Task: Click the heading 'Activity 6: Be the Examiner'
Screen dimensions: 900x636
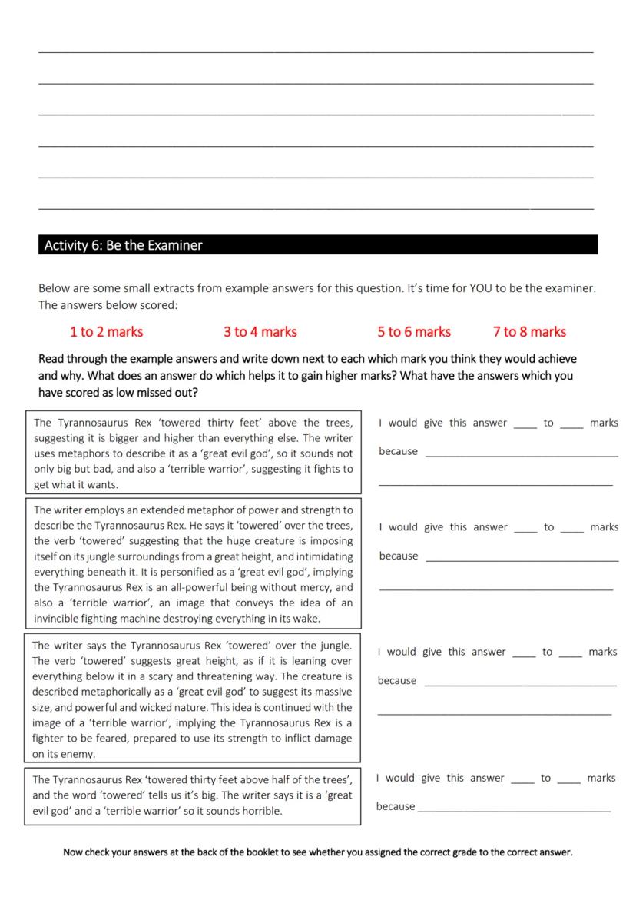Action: tap(123, 245)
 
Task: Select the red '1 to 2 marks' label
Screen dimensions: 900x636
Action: tap(106, 332)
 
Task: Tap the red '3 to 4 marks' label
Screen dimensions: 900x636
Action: tap(260, 332)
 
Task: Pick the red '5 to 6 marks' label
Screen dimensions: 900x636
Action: tap(413, 332)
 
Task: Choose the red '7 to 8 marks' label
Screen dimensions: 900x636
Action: tap(529, 332)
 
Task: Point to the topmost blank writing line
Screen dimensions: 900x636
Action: tap(316, 51)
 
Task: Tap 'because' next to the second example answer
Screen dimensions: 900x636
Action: tap(398, 556)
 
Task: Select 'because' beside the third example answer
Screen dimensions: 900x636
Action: tap(397, 680)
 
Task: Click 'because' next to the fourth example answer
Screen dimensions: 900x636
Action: tap(395, 806)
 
